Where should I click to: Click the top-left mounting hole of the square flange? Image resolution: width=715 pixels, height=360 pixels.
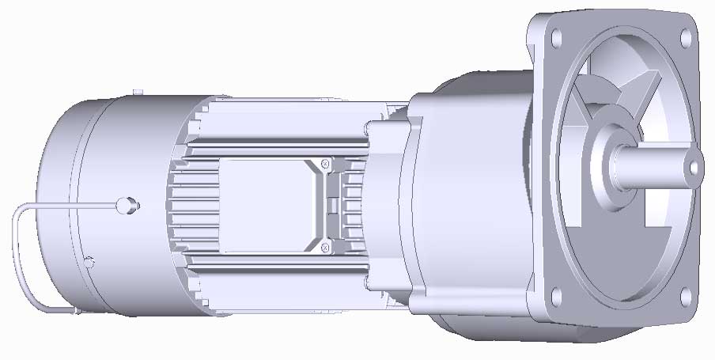(x=555, y=38)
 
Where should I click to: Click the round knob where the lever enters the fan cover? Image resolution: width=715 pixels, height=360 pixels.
(x=124, y=206)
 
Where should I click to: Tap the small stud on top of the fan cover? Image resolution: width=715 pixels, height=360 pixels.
(x=137, y=93)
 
